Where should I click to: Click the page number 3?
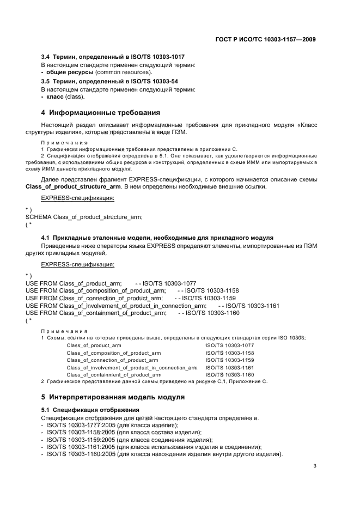point(315,466)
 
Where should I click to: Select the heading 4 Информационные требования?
point(101,113)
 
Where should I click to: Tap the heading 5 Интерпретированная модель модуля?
point(113,396)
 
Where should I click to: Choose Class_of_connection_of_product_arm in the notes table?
point(112,360)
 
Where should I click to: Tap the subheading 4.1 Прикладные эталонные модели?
point(157,238)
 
